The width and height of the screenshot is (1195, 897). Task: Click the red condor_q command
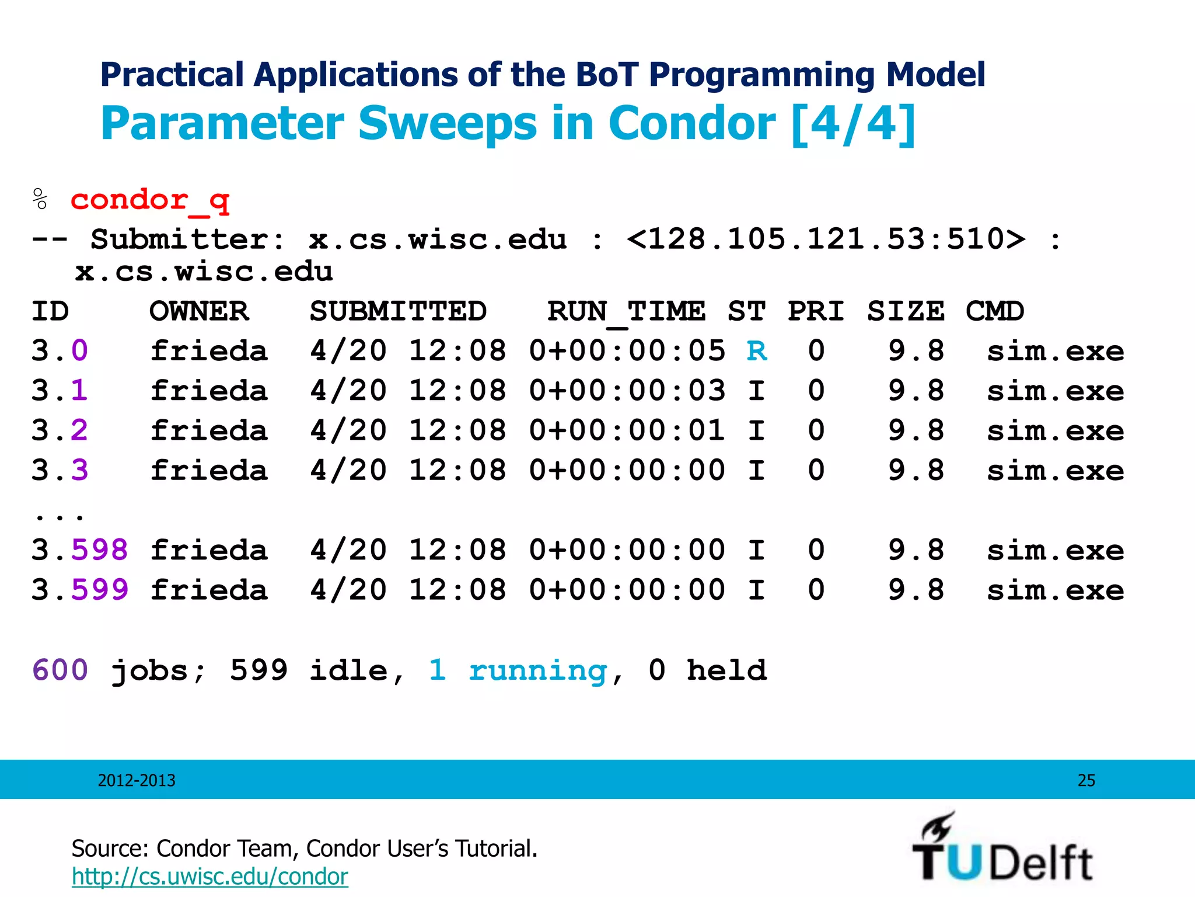point(150,200)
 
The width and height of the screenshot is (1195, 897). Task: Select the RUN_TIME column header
point(626,311)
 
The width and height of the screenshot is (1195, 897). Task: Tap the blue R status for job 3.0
point(757,351)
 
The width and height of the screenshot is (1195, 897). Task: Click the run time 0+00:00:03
point(627,391)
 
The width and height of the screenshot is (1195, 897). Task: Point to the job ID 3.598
point(79,550)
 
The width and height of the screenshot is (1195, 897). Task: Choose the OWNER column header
point(199,311)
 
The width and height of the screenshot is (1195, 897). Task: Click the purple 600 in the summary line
point(60,670)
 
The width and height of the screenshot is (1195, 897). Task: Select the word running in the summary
point(537,671)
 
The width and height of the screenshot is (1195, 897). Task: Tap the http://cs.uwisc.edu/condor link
point(209,877)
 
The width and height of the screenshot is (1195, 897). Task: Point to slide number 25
point(1086,780)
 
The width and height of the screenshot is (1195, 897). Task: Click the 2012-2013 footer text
point(137,780)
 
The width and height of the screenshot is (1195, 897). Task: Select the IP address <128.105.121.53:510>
point(826,239)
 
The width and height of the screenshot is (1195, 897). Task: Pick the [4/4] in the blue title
point(854,124)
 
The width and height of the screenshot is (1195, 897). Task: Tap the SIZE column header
point(906,311)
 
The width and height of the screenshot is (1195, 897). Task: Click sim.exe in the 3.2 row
point(1055,431)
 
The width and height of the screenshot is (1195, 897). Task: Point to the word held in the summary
point(726,670)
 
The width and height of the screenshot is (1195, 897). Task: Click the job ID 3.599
point(79,590)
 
